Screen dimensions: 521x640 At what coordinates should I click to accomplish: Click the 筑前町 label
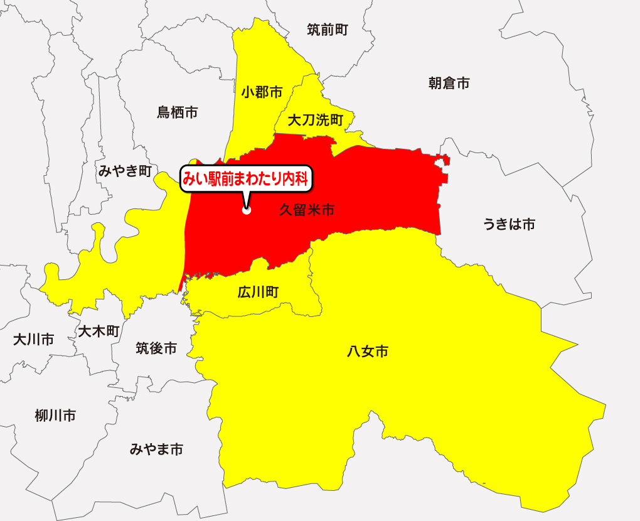point(328,29)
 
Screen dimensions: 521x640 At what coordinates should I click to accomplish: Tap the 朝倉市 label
point(449,83)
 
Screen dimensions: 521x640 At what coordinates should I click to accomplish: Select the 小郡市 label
point(262,93)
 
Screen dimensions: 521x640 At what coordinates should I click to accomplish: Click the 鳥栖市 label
point(177,112)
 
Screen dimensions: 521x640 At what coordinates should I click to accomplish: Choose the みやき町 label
point(125,170)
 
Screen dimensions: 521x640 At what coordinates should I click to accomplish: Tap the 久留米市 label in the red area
point(306,210)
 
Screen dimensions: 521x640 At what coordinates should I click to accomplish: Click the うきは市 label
point(509,224)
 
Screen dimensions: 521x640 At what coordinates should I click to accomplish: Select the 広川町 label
point(259,292)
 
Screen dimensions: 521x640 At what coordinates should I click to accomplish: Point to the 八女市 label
point(367,352)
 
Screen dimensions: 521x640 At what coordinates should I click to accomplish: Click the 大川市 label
point(34,340)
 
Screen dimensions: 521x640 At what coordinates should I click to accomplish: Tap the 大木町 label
point(98,331)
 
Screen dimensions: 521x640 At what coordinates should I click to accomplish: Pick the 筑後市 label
point(156,348)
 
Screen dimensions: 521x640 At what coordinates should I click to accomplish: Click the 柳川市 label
point(55,415)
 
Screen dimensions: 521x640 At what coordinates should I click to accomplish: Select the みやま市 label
point(156,449)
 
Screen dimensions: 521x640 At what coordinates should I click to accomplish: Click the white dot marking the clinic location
point(247,211)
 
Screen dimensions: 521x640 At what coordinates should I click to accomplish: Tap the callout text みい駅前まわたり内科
point(246,180)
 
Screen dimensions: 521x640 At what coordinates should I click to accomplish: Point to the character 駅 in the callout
point(215,180)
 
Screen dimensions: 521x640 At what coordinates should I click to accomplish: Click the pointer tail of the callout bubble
point(245,200)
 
